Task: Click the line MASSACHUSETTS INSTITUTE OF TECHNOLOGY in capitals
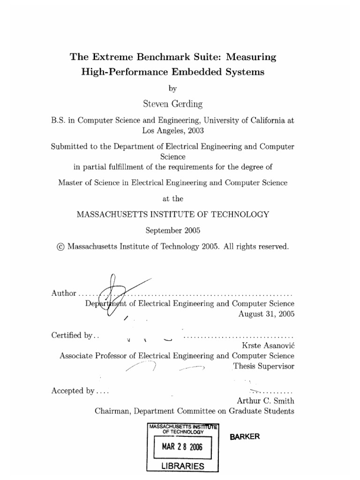click(172, 214)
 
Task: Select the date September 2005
click(172, 231)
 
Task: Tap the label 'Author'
click(63, 293)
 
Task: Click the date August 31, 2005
click(266, 314)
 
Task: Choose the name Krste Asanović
click(268, 345)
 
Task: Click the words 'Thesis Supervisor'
click(263, 367)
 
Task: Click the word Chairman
click(112, 412)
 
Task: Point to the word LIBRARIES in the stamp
click(180, 466)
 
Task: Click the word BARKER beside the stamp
click(244, 436)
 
